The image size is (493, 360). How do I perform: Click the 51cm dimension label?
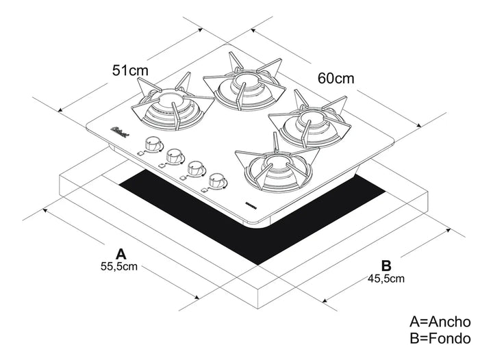click(x=130, y=70)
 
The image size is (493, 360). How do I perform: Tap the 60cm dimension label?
click(x=336, y=78)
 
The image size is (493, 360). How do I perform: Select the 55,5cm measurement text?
click(x=119, y=266)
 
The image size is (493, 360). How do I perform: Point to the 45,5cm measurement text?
click(x=385, y=278)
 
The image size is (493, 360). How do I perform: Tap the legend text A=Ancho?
click(x=440, y=322)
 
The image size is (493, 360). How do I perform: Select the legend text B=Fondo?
click(x=440, y=337)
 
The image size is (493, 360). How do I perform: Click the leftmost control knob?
click(x=151, y=145)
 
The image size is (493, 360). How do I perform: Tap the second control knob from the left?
click(x=173, y=157)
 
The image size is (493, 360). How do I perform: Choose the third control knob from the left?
click(x=195, y=168)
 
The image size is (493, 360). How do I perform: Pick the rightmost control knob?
click(x=218, y=180)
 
